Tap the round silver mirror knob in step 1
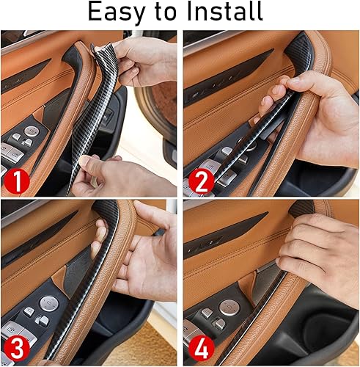[x=32, y=131]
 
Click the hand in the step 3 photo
[x=143, y=246]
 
